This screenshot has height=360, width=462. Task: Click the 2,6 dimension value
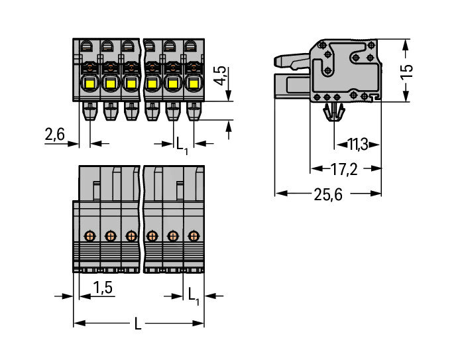(54, 135)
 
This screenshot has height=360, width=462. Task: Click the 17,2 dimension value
(344, 169)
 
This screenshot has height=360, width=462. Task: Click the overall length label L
(138, 324)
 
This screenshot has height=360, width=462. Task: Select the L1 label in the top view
(181, 143)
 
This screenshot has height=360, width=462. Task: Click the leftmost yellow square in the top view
(89, 84)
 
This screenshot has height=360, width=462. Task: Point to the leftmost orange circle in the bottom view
(89, 235)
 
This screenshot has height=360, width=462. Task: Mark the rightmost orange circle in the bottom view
(194, 235)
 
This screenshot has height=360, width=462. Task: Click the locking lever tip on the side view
(279, 62)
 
